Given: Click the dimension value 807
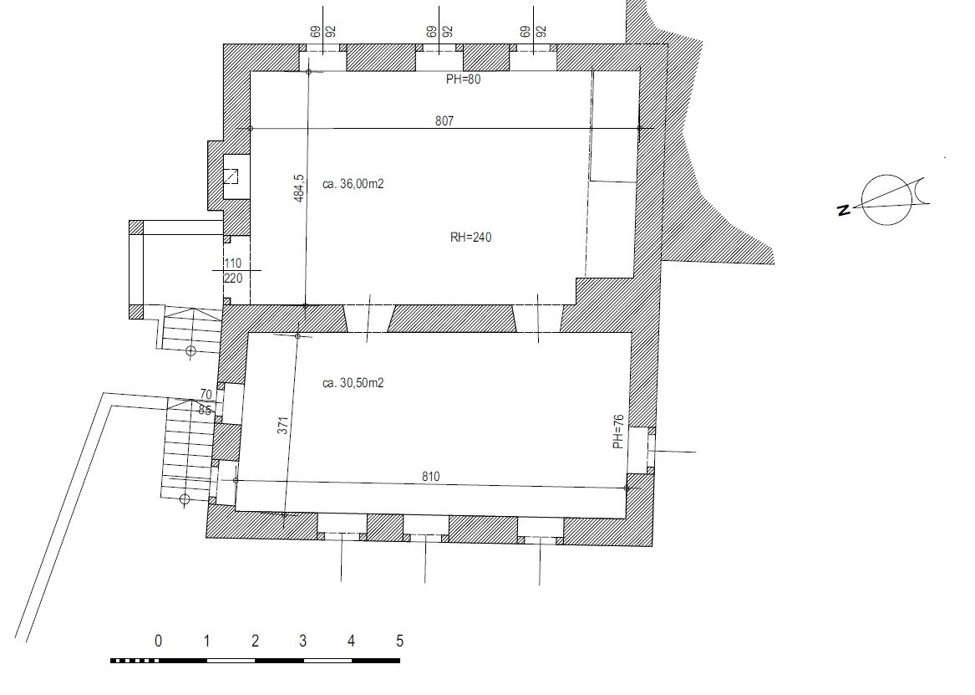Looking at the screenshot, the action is [444, 120].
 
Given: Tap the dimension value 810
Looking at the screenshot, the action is [430, 477].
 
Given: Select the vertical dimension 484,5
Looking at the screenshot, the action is [299, 188].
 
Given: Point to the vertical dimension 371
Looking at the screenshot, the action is [283, 425].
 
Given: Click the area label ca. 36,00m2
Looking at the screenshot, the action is [353, 184].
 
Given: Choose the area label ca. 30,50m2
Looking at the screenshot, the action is [353, 383].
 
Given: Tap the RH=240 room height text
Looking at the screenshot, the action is [470, 237].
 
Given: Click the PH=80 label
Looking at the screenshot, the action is [463, 79].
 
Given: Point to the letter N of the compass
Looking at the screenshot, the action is [844, 210].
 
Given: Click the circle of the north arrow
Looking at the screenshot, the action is [887, 200].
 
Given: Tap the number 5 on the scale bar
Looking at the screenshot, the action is [399, 641].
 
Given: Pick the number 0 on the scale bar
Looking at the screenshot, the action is [158, 641].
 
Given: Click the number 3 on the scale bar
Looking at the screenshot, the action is [302, 641].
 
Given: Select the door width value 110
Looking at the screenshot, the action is [232, 263].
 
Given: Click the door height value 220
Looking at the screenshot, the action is [232, 279].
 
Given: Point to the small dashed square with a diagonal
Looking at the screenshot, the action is [230, 176].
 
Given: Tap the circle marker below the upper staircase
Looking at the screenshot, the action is [190, 351].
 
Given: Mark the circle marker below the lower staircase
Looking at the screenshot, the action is [184, 499].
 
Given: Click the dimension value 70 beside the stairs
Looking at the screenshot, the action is [206, 395].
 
